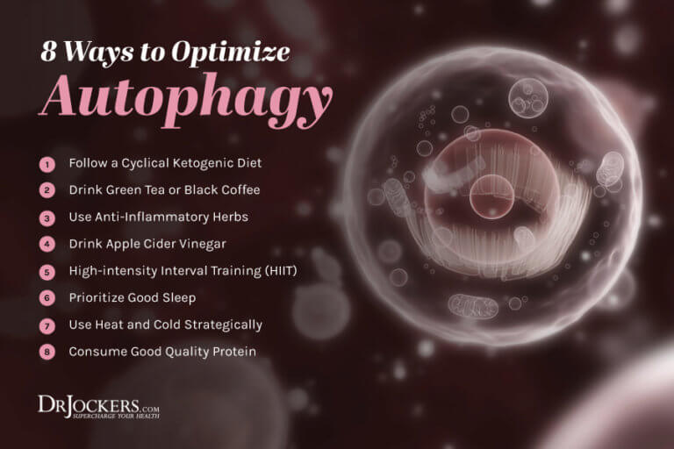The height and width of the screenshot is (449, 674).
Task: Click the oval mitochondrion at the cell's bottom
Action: pos(473,306)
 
